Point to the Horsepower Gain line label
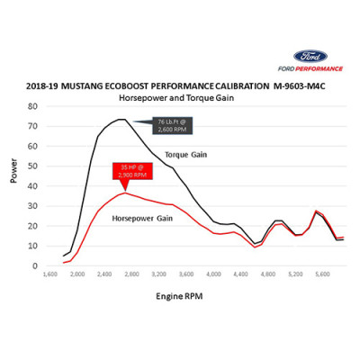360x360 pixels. point(141,217)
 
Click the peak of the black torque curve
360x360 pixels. point(121,119)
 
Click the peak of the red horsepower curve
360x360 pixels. point(125,193)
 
